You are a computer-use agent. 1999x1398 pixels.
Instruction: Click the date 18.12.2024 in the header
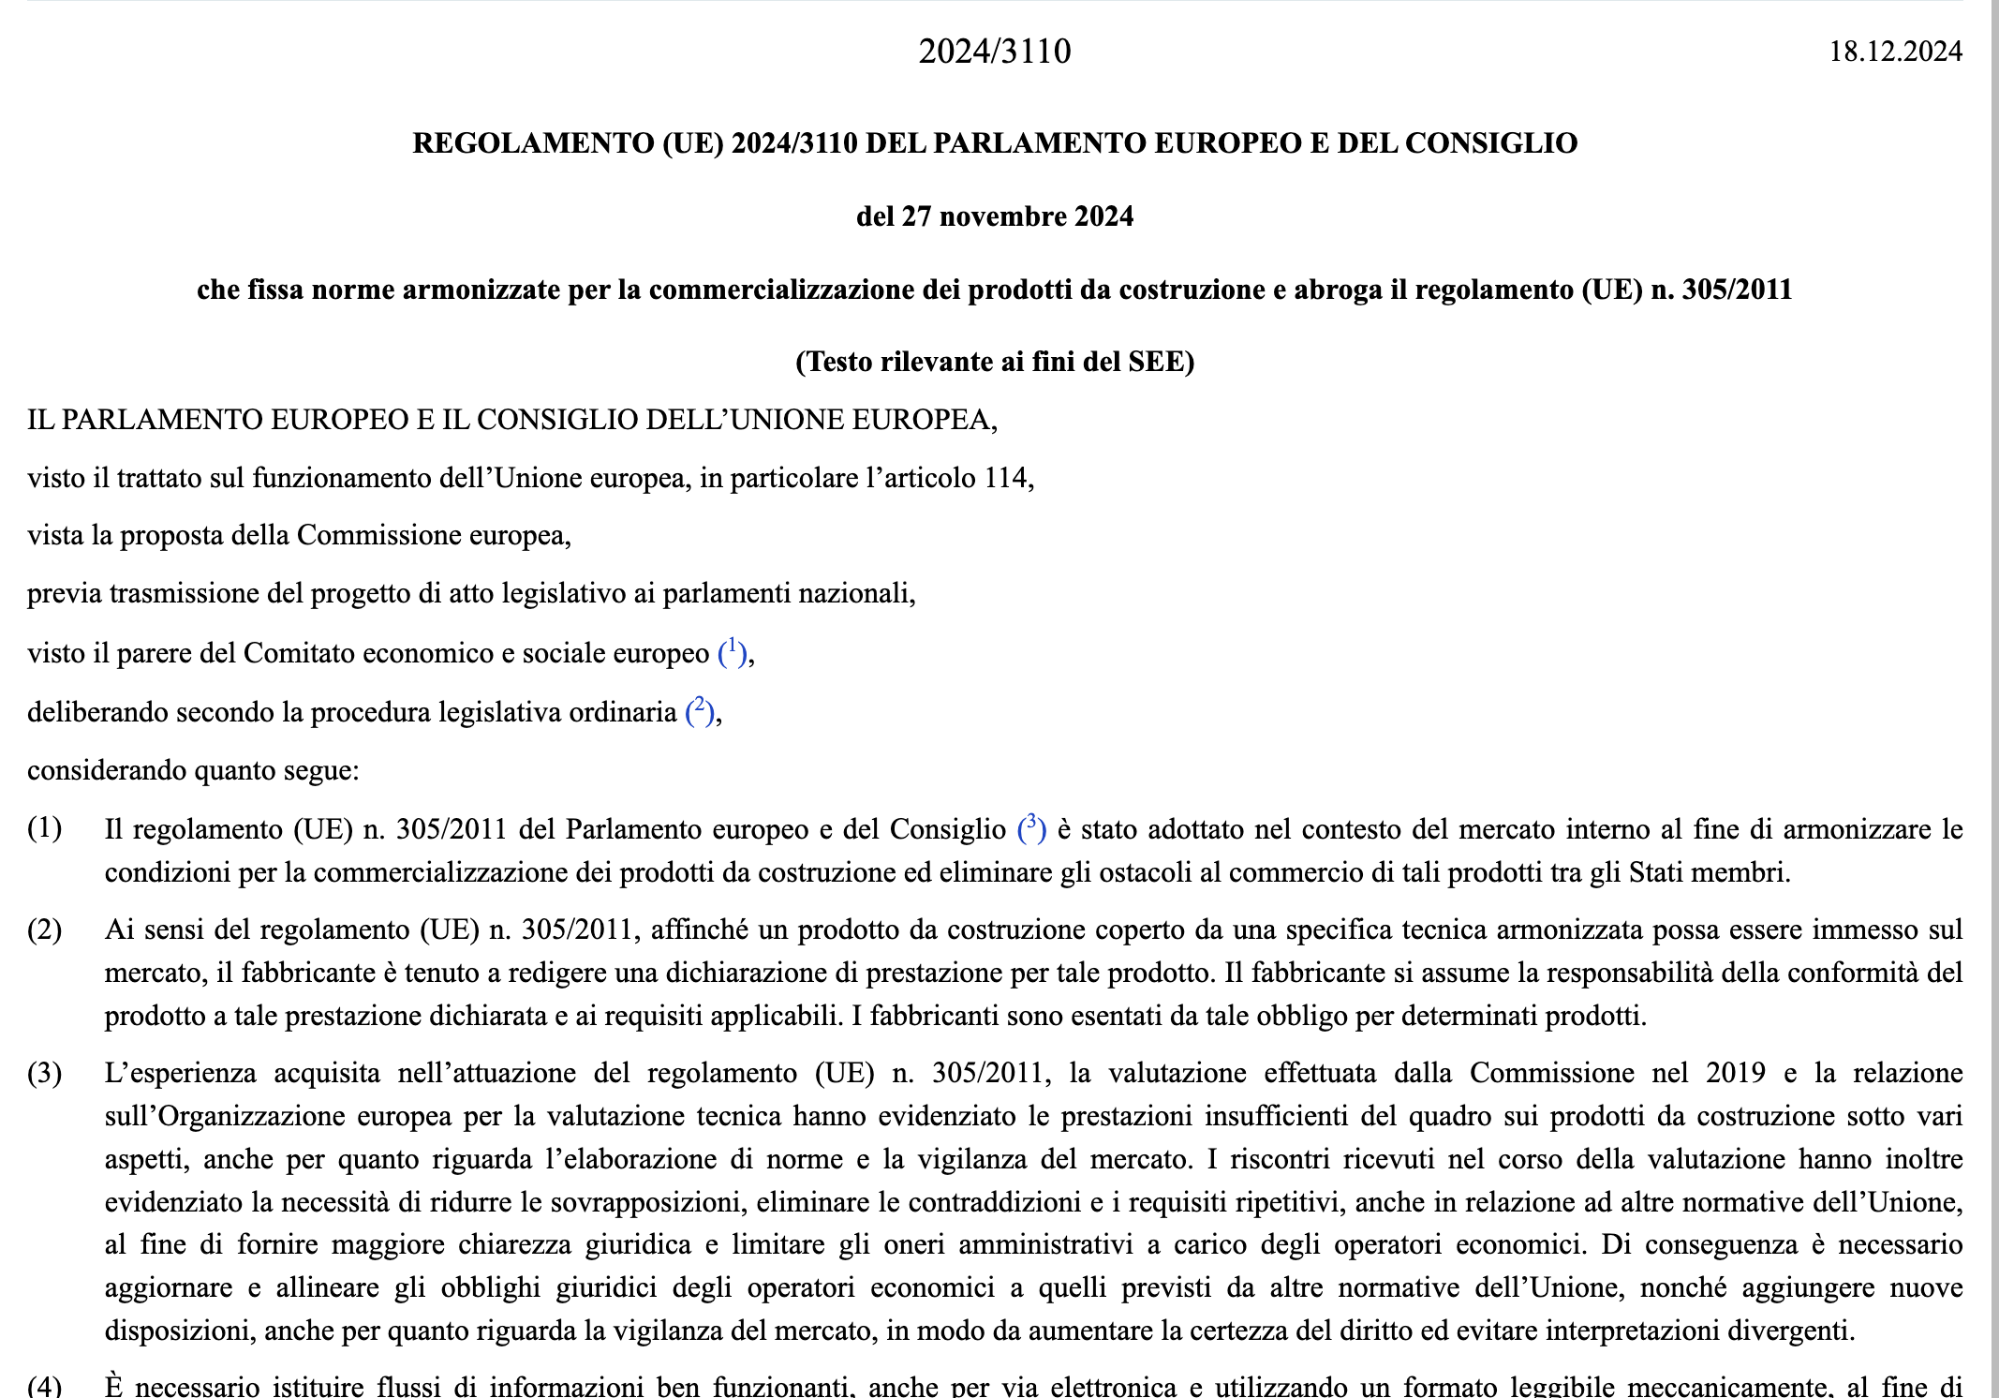[1895, 51]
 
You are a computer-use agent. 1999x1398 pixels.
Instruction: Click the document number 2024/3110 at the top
[994, 51]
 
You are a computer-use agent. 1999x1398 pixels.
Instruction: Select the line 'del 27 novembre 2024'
[994, 216]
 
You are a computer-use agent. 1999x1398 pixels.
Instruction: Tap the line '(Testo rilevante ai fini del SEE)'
[994, 362]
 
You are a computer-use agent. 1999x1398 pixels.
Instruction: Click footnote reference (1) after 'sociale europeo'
[733, 651]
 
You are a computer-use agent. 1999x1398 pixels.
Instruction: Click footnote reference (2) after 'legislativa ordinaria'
[700, 710]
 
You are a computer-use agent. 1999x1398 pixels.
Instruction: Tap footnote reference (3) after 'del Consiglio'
[1031, 827]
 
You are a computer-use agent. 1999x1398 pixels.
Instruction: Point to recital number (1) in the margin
[45, 828]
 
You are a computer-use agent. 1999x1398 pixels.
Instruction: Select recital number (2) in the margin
[45, 930]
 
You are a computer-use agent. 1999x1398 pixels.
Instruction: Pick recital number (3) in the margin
[45, 1073]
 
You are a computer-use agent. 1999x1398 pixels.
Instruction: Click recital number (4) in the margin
[45, 1386]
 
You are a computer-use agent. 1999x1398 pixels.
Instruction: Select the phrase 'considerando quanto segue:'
[193, 770]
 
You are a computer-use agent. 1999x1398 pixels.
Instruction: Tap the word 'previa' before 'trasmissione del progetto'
[65, 594]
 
